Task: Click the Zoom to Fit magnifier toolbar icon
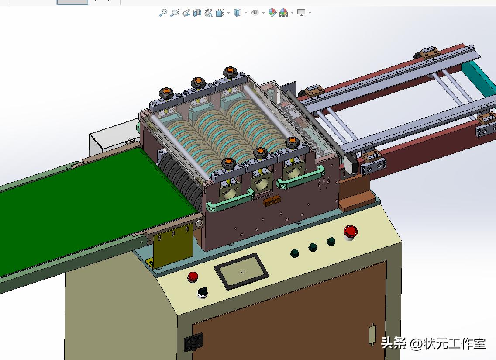coord(163,13)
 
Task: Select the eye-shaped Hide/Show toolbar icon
coord(255,13)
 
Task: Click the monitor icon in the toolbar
coord(301,13)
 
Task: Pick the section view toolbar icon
coord(197,13)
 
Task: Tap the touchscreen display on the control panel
coord(241,271)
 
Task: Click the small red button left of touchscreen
coord(193,276)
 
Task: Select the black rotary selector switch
coord(202,292)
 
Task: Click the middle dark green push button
coord(313,248)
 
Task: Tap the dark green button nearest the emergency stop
coord(331,241)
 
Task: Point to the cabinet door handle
coord(372,334)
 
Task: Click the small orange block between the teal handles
coord(272,201)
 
